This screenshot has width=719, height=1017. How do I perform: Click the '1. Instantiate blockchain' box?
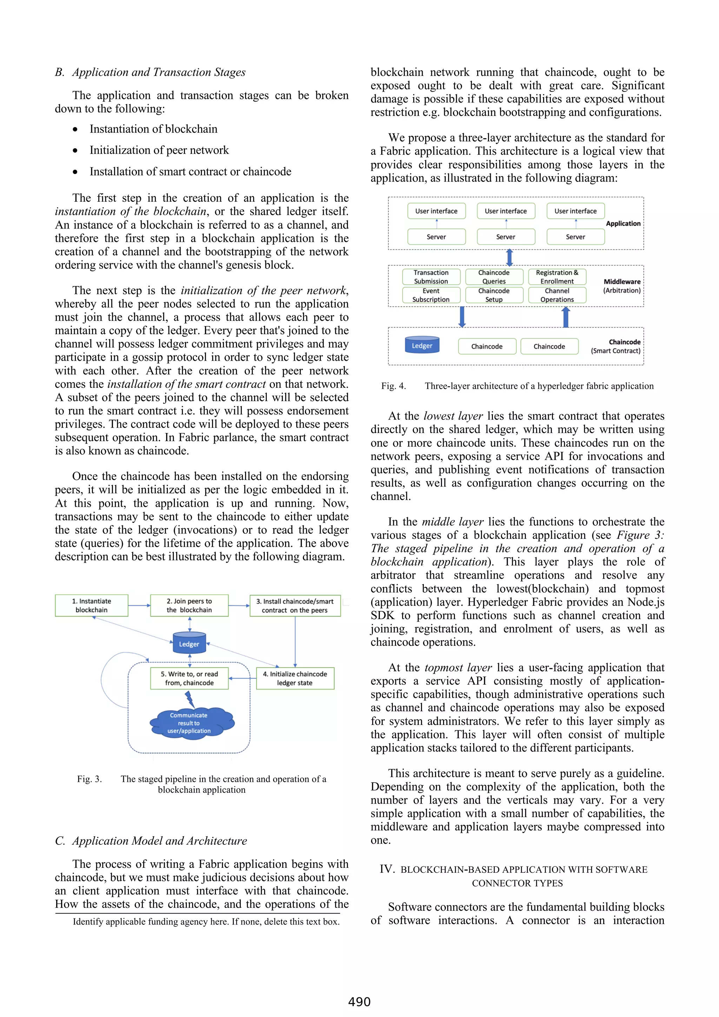(91, 605)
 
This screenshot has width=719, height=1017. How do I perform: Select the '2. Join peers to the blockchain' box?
(189, 605)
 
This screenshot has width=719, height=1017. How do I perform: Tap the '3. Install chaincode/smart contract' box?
(295, 605)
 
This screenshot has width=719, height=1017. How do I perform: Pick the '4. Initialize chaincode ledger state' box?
(295, 678)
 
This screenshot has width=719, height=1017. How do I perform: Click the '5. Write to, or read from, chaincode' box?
(189, 678)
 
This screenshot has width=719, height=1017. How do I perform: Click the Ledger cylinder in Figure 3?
(189, 643)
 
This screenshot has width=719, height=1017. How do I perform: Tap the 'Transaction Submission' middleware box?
(431, 277)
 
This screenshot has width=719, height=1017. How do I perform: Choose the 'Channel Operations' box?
(557, 295)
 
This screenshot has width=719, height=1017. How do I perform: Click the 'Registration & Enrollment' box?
(557, 277)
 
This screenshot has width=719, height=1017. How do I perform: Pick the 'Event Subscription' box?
(431, 295)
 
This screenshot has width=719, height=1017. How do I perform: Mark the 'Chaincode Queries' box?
(494, 277)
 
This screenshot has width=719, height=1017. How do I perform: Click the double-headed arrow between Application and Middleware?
(509, 257)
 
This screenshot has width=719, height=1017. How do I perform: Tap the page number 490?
(359, 1002)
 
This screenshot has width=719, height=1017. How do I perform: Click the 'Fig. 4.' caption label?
(394, 386)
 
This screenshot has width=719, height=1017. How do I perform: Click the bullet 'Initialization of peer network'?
(159, 150)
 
